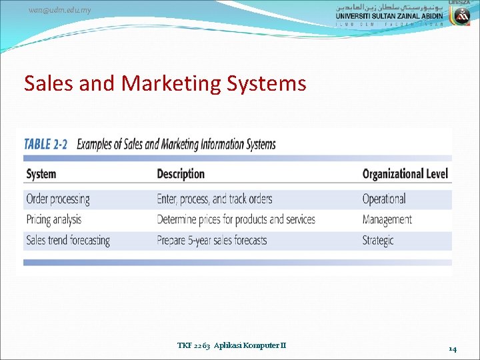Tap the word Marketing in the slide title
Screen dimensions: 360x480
161,83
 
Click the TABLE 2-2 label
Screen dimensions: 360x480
45,145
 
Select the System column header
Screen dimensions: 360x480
41,174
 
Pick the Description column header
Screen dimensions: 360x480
180,174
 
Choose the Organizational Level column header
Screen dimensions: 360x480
405,174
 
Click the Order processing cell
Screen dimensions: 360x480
57,199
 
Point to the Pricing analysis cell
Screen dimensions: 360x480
53,219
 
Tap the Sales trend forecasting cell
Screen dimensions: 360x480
67,240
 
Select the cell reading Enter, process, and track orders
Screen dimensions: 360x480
214,199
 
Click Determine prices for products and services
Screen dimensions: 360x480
235,219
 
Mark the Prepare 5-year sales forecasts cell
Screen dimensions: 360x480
211,240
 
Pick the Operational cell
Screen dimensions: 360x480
383,199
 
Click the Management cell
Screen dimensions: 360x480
387,219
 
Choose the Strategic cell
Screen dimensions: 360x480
378,240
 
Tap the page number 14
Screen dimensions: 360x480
452,349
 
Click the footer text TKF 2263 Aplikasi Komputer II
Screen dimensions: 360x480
231,345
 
